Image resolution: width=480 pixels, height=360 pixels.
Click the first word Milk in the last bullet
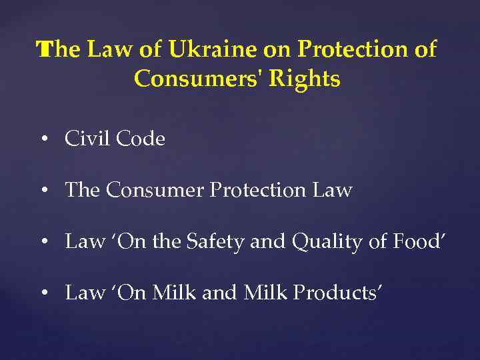[x=171, y=292]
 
